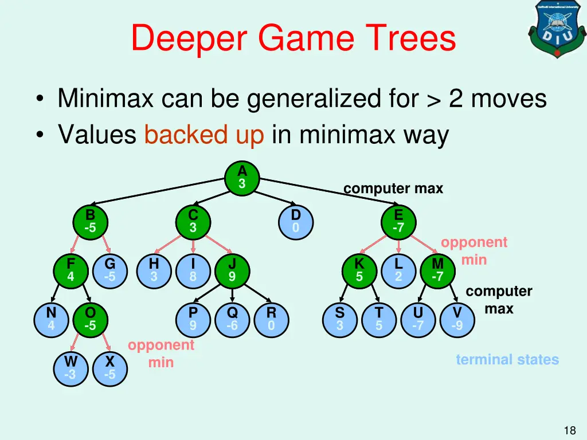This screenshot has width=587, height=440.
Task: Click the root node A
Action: [x=242, y=178]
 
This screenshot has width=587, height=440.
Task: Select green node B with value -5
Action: [x=91, y=221]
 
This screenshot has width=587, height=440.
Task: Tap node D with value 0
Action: [x=295, y=221]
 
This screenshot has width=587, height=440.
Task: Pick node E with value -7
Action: [x=398, y=221]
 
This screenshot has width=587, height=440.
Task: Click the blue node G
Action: [x=110, y=270]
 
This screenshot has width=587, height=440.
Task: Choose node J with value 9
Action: [x=232, y=270]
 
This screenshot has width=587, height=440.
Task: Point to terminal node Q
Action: [x=232, y=319]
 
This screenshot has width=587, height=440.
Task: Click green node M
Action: [x=438, y=270]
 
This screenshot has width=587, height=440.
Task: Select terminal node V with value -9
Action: [x=457, y=319]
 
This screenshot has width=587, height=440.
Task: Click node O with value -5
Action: [x=91, y=319]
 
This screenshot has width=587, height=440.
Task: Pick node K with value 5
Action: [x=359, y=270]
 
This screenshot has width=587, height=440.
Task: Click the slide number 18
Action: [x=569, y=430]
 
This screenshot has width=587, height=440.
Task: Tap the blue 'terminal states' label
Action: [x=507, y=360]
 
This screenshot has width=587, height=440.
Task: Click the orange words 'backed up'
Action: [x=204, y=135]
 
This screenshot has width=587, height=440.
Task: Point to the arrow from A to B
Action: [x=161, y=190]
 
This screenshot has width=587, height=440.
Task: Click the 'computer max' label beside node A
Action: [x=393, y=188]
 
